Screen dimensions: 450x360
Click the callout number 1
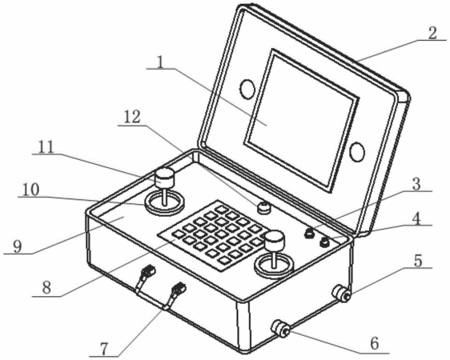click(161, 62)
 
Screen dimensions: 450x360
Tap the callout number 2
click(432, 34)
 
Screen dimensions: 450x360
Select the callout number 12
click(133, 118)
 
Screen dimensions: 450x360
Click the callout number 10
click(30, 190)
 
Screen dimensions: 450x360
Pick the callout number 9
click(18, 246)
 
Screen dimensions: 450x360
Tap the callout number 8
click(46, 287)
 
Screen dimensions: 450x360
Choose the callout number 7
click(103, 349)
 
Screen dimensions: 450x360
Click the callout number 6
click(375, 343)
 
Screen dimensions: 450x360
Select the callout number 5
click(418, 261)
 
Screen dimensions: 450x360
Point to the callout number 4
click(416, 219)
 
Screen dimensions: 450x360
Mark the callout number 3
click(416, 184)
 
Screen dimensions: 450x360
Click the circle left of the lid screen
click(247, 89)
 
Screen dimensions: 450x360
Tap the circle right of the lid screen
click(357, 151)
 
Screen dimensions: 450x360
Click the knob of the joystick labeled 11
click(164, 178)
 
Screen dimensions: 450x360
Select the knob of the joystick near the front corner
click(275, 240)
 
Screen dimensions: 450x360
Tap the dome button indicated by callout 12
click(263, 207)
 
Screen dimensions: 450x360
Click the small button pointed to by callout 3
click(309, 233)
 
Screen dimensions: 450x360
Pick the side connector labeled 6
click(281, 329)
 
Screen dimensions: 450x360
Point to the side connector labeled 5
click(341, 294)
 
